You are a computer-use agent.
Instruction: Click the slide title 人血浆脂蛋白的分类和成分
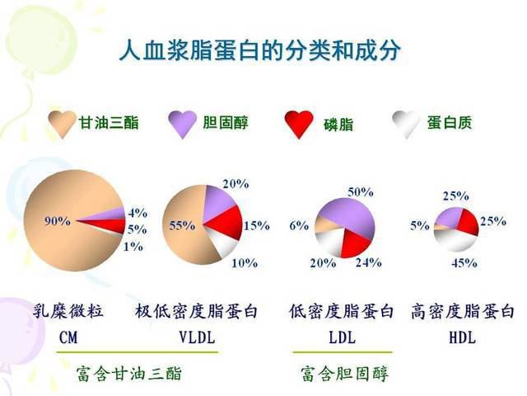point(260,51)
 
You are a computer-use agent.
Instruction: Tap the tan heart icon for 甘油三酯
point(62,124)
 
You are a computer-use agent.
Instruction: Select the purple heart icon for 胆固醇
point(182,124)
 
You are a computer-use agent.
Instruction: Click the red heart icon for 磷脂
point(299,124)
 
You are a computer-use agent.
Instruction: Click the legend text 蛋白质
point(450,123)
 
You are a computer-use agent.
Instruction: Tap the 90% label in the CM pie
point(58,221)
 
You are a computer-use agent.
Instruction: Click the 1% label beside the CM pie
point(133,247)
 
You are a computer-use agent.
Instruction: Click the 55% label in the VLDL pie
point(182,225)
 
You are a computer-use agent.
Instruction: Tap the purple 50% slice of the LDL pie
point(349,215)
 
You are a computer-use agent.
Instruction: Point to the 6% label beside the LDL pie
point(299,225)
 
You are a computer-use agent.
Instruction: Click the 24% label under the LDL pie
point(369,262)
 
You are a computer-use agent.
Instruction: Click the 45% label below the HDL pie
point(464,263)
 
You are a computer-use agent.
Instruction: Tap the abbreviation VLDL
point(197,337)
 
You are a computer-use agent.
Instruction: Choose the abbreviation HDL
point(463,337)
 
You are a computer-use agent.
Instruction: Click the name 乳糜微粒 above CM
point(68,311)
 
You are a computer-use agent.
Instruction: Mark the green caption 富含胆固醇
point(344,374)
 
